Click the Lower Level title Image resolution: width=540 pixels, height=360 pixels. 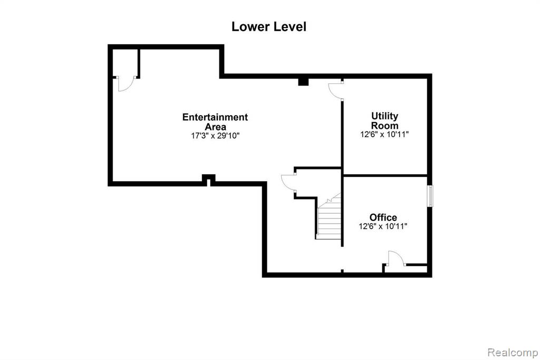pos(268,26)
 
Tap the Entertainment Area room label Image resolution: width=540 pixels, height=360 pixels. pos(215,122)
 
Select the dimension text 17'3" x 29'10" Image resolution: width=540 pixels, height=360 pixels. pos(215,136)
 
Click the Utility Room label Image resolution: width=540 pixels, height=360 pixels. pos(384,121)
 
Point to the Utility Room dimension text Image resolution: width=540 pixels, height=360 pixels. pos(384,135)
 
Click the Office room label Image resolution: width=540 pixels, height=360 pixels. pos(383,217)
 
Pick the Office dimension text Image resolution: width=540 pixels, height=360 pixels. pos(383,226)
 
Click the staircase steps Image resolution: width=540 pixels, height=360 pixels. pos(329,217)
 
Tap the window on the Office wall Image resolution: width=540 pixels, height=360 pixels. pos(430,196)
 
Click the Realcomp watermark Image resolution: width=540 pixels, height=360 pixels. pos(513,353)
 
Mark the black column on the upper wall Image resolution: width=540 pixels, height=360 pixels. pos(303,82)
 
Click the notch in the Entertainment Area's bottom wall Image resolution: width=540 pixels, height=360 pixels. pos(208,179)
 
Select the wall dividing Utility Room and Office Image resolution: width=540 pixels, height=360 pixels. pos(385,176)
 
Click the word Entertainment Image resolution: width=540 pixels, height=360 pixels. pos(215,117)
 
